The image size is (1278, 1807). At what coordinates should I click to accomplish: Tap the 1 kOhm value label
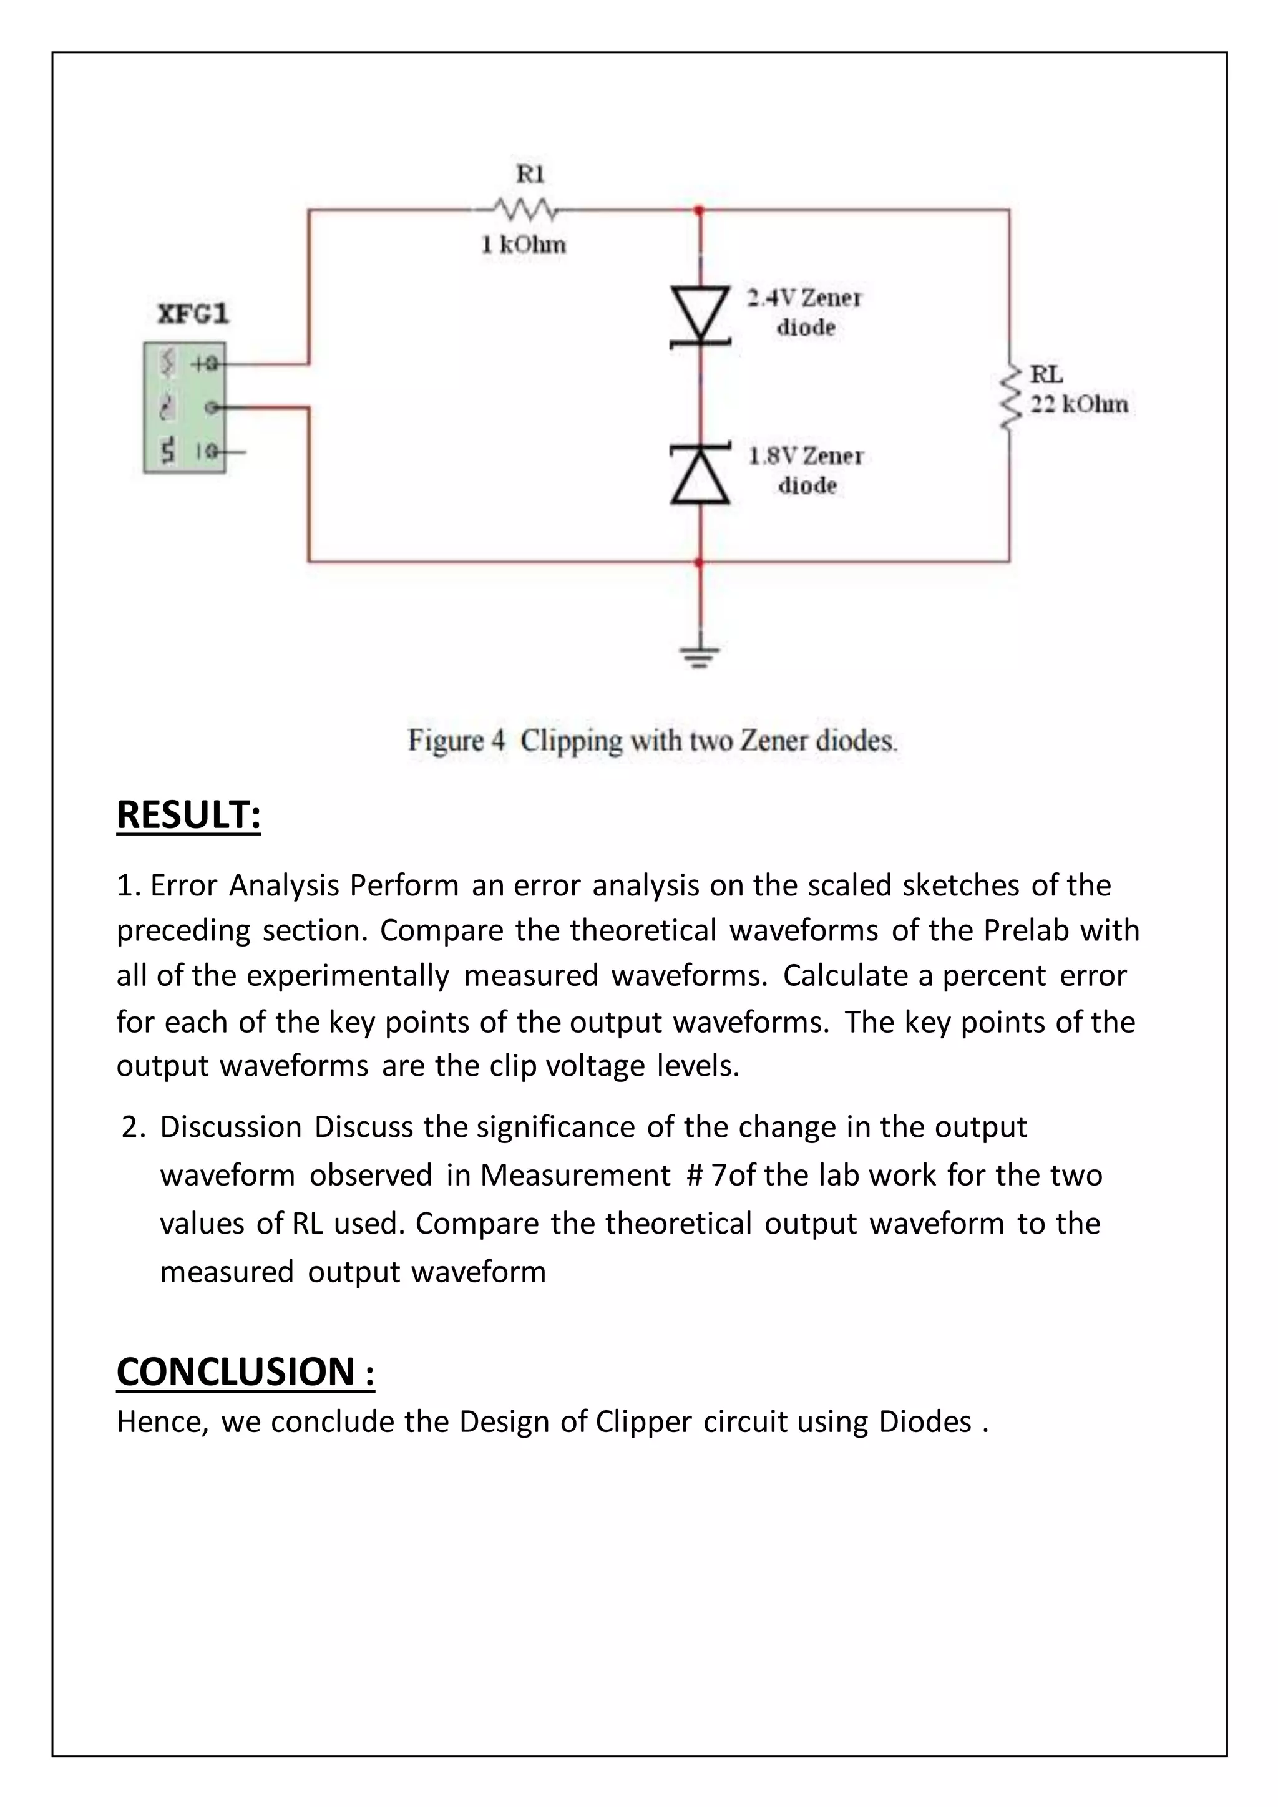coord(524,245)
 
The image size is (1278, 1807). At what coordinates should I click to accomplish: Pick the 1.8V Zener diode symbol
coord(700,474)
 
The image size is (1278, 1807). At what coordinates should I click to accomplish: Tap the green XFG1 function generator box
coord(184,407)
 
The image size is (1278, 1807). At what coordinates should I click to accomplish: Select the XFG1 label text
coord(193,314)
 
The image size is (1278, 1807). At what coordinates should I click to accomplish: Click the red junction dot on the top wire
coord(699,211)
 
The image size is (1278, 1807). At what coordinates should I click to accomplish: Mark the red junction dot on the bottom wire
coord(699,563)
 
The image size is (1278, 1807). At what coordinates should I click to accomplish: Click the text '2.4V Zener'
coord(804,298)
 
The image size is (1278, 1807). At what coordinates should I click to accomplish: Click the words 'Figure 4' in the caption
coord(456,741)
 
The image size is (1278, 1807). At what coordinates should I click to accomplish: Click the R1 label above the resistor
coord(530,174)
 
